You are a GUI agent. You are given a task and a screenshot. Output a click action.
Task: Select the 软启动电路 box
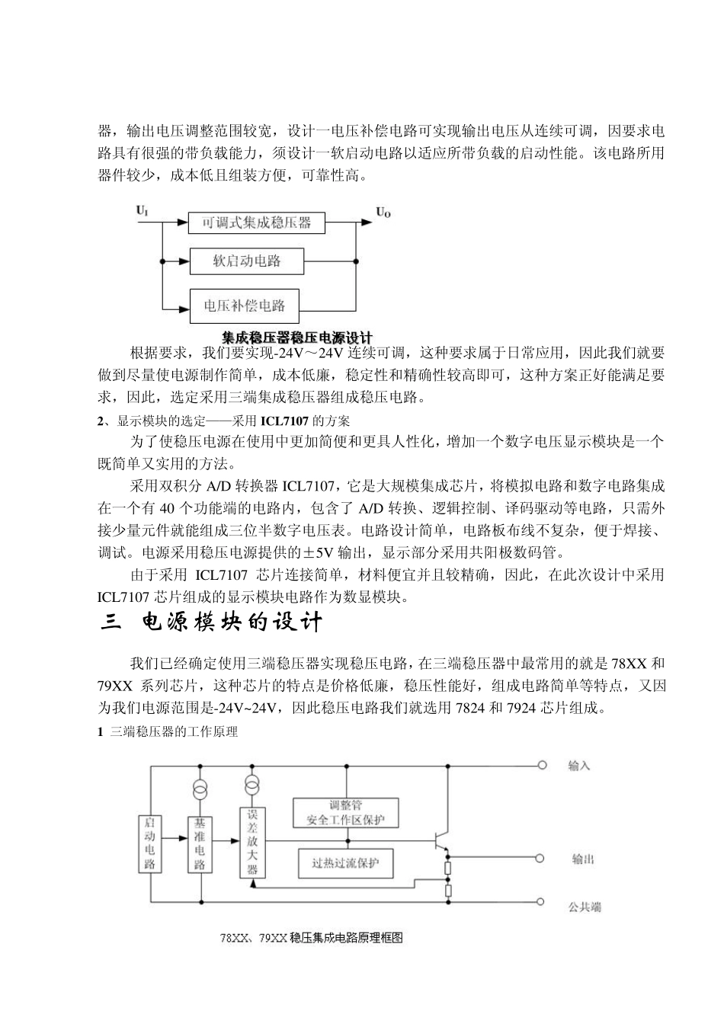[x=246, y=262]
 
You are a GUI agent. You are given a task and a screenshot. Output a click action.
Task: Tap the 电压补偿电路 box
[x=244, y=306]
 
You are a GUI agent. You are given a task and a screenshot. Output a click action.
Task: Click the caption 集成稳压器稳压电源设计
[x=296, y=336]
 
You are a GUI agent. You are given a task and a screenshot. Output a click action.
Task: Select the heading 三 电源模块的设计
[x=213, y=622]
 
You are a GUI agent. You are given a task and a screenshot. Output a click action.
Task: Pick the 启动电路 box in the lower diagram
[x=150, y=843]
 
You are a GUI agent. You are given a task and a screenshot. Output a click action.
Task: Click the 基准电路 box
[x=200, y=844]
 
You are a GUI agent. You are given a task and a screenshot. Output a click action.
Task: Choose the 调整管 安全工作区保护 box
[x=346, y=812]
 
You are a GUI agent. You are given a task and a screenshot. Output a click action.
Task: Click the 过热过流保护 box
[x=345, y=864]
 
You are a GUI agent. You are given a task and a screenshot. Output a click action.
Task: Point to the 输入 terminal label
[x=578, y=765]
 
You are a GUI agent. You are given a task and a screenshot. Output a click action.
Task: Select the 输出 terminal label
[x=582, y=859]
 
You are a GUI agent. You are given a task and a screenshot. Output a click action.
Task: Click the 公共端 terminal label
[x=585, y=907]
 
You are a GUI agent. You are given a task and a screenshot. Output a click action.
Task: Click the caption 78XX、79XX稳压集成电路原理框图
[x=311, y=939]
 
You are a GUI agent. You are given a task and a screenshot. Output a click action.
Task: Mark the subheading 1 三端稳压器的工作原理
[x=168, y=732]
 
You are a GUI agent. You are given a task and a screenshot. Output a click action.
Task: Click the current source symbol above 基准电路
[x=200, y=789]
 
